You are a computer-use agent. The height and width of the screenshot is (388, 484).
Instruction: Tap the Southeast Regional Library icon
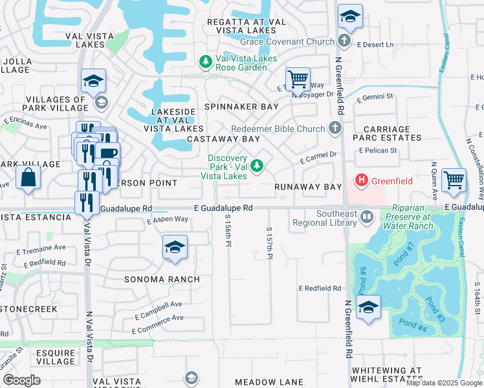367,216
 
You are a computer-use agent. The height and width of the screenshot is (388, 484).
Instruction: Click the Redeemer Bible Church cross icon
335,128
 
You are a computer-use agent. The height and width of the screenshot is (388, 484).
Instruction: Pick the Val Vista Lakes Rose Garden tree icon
205,62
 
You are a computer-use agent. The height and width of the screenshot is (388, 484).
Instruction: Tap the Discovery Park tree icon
258,166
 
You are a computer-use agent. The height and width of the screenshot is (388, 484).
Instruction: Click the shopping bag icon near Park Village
28,178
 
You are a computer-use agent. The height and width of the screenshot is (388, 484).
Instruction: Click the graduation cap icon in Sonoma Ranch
174,248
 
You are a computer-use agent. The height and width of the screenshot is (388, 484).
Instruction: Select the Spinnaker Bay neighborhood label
241,106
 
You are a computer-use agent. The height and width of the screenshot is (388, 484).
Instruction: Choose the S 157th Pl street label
269,243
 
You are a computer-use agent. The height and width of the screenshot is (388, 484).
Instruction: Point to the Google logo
21,380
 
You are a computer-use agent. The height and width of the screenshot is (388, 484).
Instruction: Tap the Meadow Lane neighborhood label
269,382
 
